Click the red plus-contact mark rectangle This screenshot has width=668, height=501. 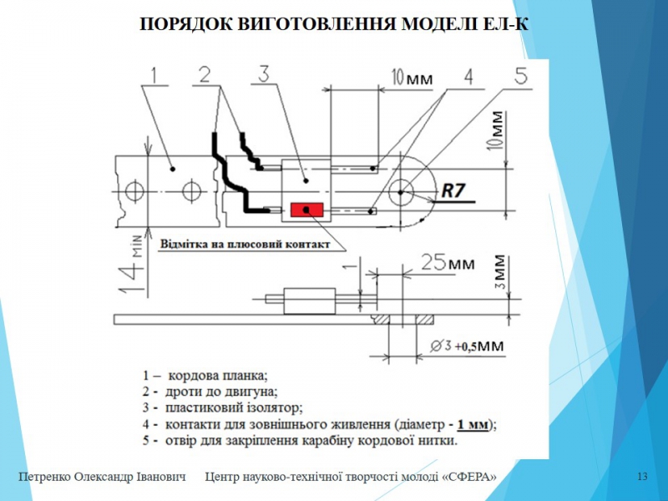coord(306,210)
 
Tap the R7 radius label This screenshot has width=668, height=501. coord(453,190)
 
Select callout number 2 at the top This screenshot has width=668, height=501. coord(205,74)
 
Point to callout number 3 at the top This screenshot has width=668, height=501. coord(264,73)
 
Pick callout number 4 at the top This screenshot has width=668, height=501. coord(468,77)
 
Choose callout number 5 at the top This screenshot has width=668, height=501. coord(521,75)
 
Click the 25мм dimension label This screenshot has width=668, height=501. coord(448,262)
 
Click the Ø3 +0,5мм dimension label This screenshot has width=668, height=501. coord(467,346)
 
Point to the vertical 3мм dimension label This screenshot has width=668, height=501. coord(501,272)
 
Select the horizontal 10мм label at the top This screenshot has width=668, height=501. coord(412,78)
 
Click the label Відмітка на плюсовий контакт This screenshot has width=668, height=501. coord(245,245)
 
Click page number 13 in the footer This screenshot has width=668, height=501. coord(642,476)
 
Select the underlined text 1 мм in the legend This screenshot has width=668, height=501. coord(473,424)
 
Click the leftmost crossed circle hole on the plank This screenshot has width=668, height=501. coord(134,191)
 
